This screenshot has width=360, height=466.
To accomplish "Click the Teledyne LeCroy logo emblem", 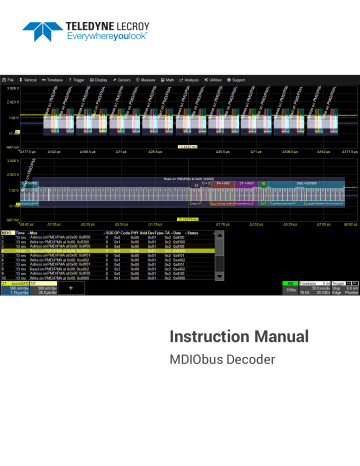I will [x=46, y=23].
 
